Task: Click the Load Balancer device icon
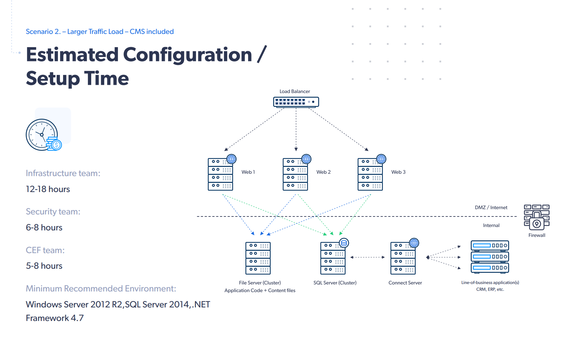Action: pyautogui.click(x=296, y=102)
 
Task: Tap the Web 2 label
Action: pyautogui.click(x=323, y=172)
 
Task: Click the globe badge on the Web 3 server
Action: pyautogui.click(x=381, y=159)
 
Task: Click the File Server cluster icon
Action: pyautogui.click(x=258, y=258)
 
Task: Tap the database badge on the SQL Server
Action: pyautogui.click(x=344, y=243)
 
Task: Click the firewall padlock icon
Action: pyautogui.click(x=537, y=217)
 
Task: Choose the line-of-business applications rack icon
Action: pyautogui.click(x=490, y=257)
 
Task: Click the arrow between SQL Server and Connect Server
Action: pyautogui.click(x=368, y=257)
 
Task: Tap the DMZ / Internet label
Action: pyautogui.click(x=491, y=207)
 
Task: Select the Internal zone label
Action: pyautogui.click(x=491, y=225)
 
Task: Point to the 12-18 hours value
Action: pyautogui.click(x=48, y=189)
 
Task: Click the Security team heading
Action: pyautogui.click(x=53, y=211)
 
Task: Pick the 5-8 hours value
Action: pyautogui.click(x=44, y=266)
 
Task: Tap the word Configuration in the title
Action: pyautogui.click(x=187, y=55)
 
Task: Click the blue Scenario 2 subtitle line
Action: pyautogui.click(x=100, y=32)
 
